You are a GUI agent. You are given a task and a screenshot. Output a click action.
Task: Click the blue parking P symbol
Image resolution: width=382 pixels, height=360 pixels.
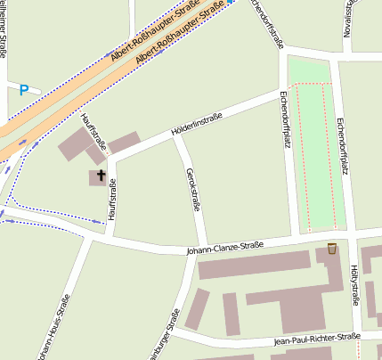pos(24,89)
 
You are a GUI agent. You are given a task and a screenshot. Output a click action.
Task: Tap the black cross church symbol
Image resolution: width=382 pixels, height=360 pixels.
pos(101,176)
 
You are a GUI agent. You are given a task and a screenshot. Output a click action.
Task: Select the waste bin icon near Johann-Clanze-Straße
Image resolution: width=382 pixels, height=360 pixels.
pos(332,248)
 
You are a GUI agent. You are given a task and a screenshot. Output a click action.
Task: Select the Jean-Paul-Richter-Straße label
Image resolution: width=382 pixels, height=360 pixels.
pos(316,339)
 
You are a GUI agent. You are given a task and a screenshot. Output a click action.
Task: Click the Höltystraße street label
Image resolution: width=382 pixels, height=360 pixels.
pos(354,283)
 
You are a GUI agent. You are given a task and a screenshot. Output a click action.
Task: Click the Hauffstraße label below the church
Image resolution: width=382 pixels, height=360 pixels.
pos(112,200)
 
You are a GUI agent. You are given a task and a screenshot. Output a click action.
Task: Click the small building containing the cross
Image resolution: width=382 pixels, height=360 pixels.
pos(99,178)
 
